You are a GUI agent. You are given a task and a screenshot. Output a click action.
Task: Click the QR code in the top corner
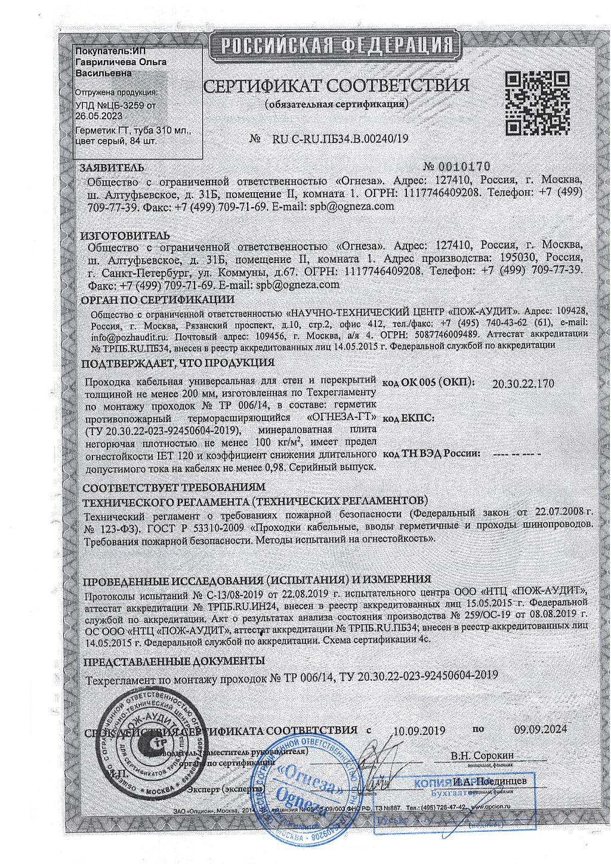point(536,103)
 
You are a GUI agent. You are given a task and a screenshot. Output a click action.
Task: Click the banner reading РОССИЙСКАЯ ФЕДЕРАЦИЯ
point(336,45)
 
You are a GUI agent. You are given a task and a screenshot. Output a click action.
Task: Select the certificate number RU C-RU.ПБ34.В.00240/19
point(340,139)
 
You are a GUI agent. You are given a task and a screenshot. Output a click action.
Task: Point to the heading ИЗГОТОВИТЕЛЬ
point(125,236)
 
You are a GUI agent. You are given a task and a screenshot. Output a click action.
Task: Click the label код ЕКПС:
point(408,418)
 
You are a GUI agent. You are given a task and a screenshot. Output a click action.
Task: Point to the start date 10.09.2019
point(419,730)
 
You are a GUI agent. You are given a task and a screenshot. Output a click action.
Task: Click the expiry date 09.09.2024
point(541,729)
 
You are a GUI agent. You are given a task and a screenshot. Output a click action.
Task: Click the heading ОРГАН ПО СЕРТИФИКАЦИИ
point(158,300)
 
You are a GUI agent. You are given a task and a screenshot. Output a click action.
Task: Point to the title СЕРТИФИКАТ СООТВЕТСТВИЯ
point(336,85)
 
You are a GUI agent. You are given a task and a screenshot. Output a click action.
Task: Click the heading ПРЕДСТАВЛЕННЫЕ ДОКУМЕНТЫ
point(174,661)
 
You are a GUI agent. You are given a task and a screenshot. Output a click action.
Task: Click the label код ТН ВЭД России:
point(431,453)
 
